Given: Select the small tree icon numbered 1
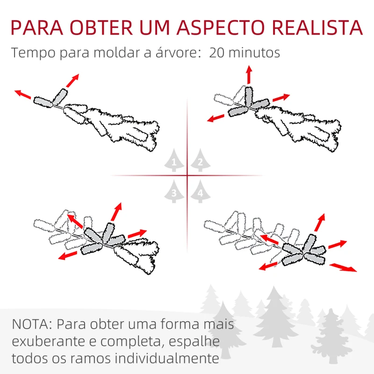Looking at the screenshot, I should click(174, 161).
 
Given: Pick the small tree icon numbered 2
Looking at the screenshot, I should click(200, 161).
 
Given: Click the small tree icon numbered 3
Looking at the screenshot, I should click(174, 192).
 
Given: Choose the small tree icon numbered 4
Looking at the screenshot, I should click(200, 192).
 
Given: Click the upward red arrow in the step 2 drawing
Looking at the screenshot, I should click(249, 75).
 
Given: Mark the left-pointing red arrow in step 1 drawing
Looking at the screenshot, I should click(22, 93).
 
